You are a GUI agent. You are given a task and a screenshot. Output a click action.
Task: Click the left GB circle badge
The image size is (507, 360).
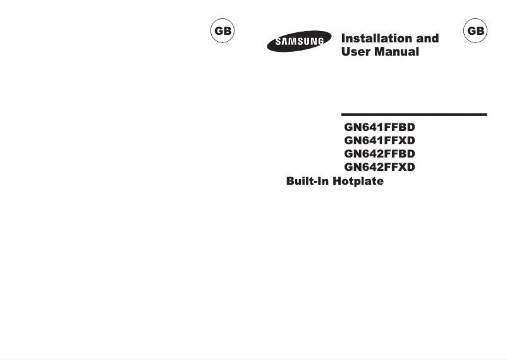click(222, 31)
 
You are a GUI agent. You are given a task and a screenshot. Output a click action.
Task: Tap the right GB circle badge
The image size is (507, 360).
click(475, 31)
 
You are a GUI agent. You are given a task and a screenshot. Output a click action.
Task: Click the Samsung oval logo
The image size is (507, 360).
click(299, 42)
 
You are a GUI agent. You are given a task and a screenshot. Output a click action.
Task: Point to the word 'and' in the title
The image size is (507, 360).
click(428, 39)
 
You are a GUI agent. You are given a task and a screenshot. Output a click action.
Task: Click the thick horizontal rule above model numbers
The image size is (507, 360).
click(414, 115)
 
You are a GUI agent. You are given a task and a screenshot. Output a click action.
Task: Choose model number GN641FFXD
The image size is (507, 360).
click(379, 140)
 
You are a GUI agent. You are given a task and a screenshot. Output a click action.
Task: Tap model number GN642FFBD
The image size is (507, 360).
click(379, 154)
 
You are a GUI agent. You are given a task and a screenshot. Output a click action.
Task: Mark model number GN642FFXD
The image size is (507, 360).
click(379, 168)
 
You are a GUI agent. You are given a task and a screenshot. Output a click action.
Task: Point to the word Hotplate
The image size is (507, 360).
click(358, 182)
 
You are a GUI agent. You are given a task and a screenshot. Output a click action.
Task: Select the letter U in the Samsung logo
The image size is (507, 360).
click(308, 42)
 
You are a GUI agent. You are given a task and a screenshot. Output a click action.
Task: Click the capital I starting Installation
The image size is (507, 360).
click(343, 39)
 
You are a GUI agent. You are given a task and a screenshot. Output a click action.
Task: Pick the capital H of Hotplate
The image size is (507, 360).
click(339, 182)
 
